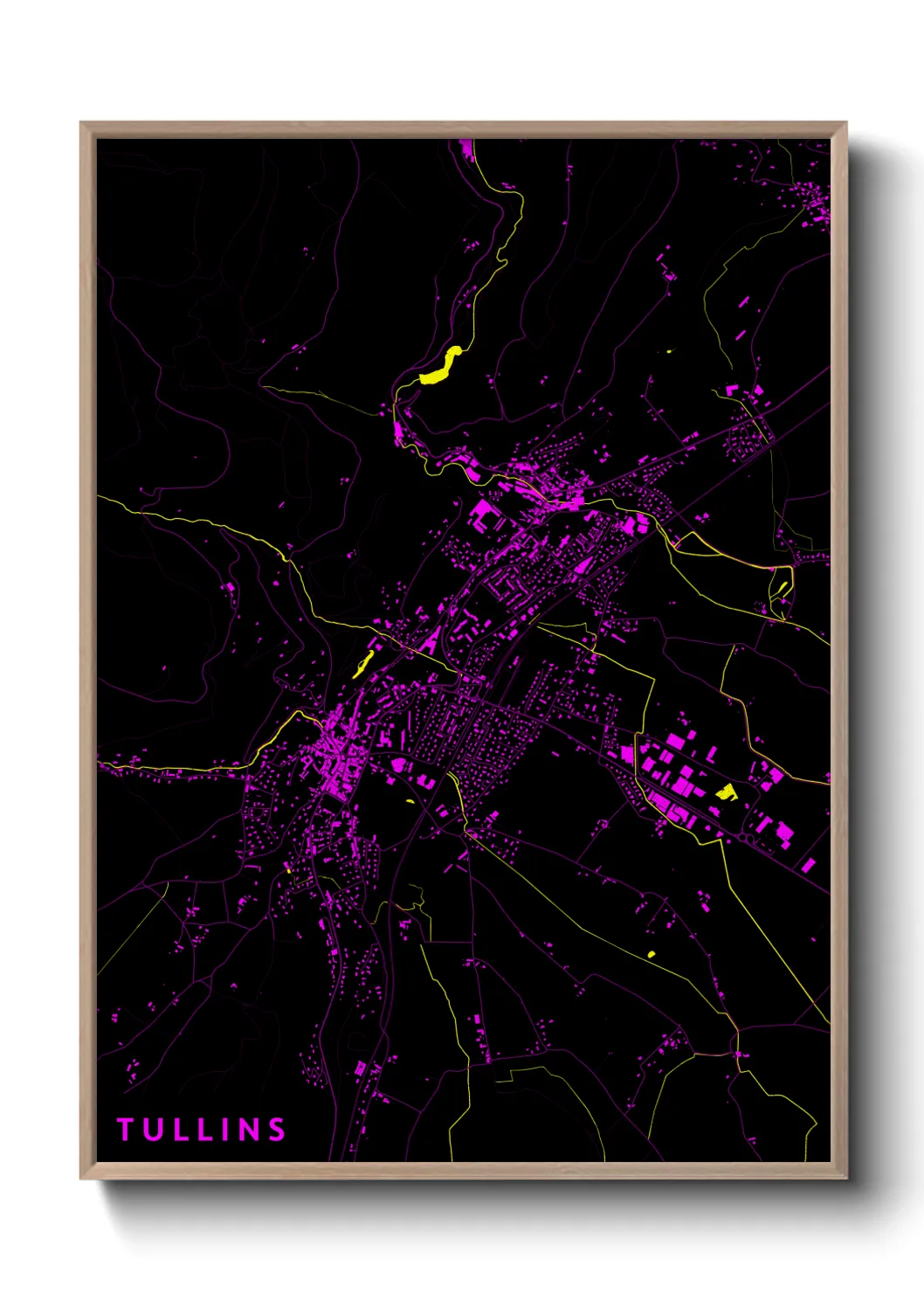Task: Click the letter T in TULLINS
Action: pyautogui.click(x=125, y=1130)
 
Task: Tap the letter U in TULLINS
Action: pyautogui.click(x=152, y=1130)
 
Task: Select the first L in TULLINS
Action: pyautogui.click(x=177, y=1130)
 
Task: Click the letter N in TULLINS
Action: pyautogui.click(x=248, y=1130)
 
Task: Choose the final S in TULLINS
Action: pyautogui.click(x=277, y=1130)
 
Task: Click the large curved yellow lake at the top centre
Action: pyautogui.click(x=441, y=366)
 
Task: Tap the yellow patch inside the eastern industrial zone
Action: pyautogui.click(x=726, y=792)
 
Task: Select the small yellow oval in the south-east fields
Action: pyautogui.click(x=652, y=954)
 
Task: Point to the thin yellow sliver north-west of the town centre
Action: pyautogui.click(x=362, y=664)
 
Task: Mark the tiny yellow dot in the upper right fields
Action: pyautogui.click(x=668, y=351)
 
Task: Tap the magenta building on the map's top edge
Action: pyautogui.click(x=466, y=149)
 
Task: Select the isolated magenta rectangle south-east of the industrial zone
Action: pyautogui.click(x=808, y=865)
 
